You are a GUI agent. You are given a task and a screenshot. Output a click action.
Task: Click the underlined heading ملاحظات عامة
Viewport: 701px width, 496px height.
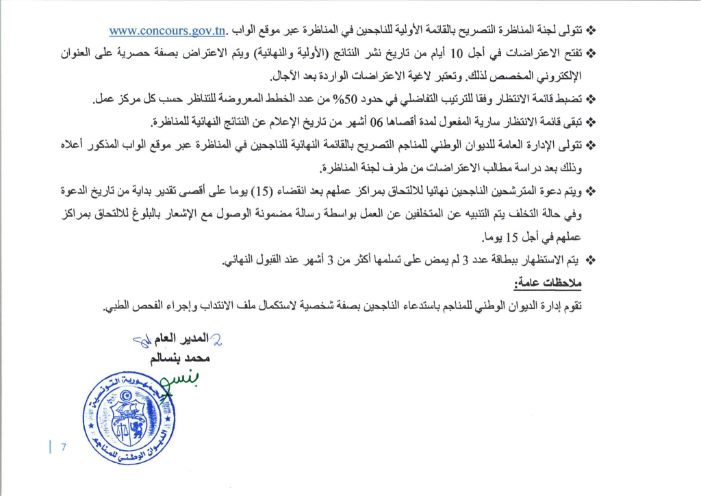coord(546,283)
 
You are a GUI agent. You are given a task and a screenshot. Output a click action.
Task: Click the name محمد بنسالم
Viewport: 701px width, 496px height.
coord(179,358)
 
